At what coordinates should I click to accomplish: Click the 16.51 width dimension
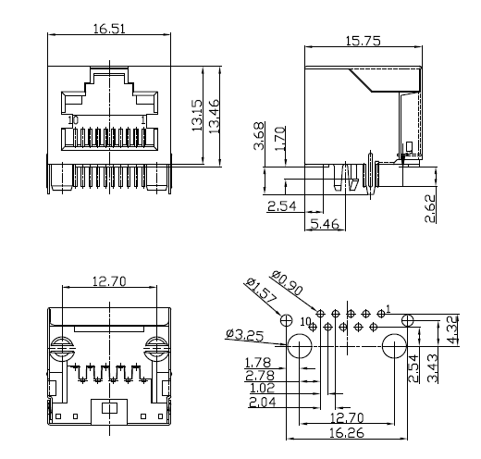[x=109, y=29]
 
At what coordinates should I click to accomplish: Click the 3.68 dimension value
[x=262, y=135]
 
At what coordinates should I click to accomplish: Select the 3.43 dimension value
[x=434, y=367]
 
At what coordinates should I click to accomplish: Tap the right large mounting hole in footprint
[x=393, y=349]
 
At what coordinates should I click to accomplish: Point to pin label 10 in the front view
[x=73, y=120]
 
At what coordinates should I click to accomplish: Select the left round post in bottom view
[x=64, y=352]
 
